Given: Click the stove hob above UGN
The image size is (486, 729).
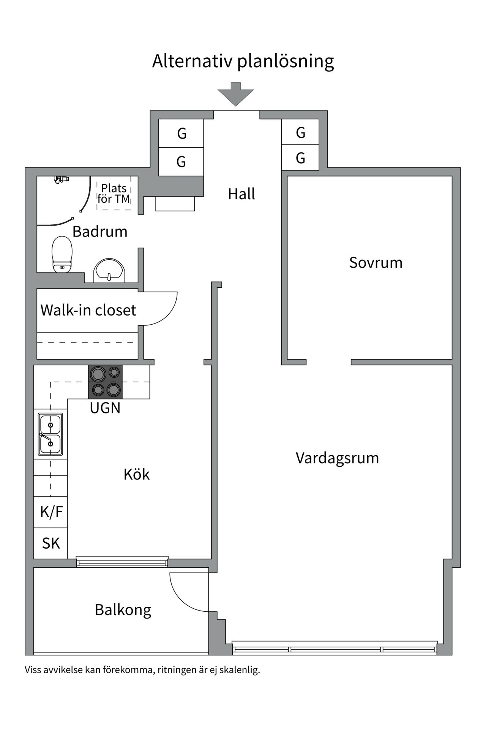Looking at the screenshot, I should coord(105,382).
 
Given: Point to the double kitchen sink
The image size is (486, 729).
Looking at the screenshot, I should coord(50,434).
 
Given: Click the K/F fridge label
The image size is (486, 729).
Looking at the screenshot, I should coord(51,512).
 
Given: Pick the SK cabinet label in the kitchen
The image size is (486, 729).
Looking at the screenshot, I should coord(50,543).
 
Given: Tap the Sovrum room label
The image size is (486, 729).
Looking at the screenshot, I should coord(376,263).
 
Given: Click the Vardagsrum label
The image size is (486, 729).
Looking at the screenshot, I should coord(337,458).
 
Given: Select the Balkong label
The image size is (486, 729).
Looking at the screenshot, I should coord(123,610).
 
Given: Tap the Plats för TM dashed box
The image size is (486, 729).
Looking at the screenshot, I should coord(114,194).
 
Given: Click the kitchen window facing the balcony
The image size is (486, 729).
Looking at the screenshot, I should coord(122,561).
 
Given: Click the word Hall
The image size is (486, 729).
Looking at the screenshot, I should coord(241,194).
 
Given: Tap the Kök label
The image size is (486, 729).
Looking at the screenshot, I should coord(136,474).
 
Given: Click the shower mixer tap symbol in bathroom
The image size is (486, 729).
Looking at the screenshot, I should coord(61,179).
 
